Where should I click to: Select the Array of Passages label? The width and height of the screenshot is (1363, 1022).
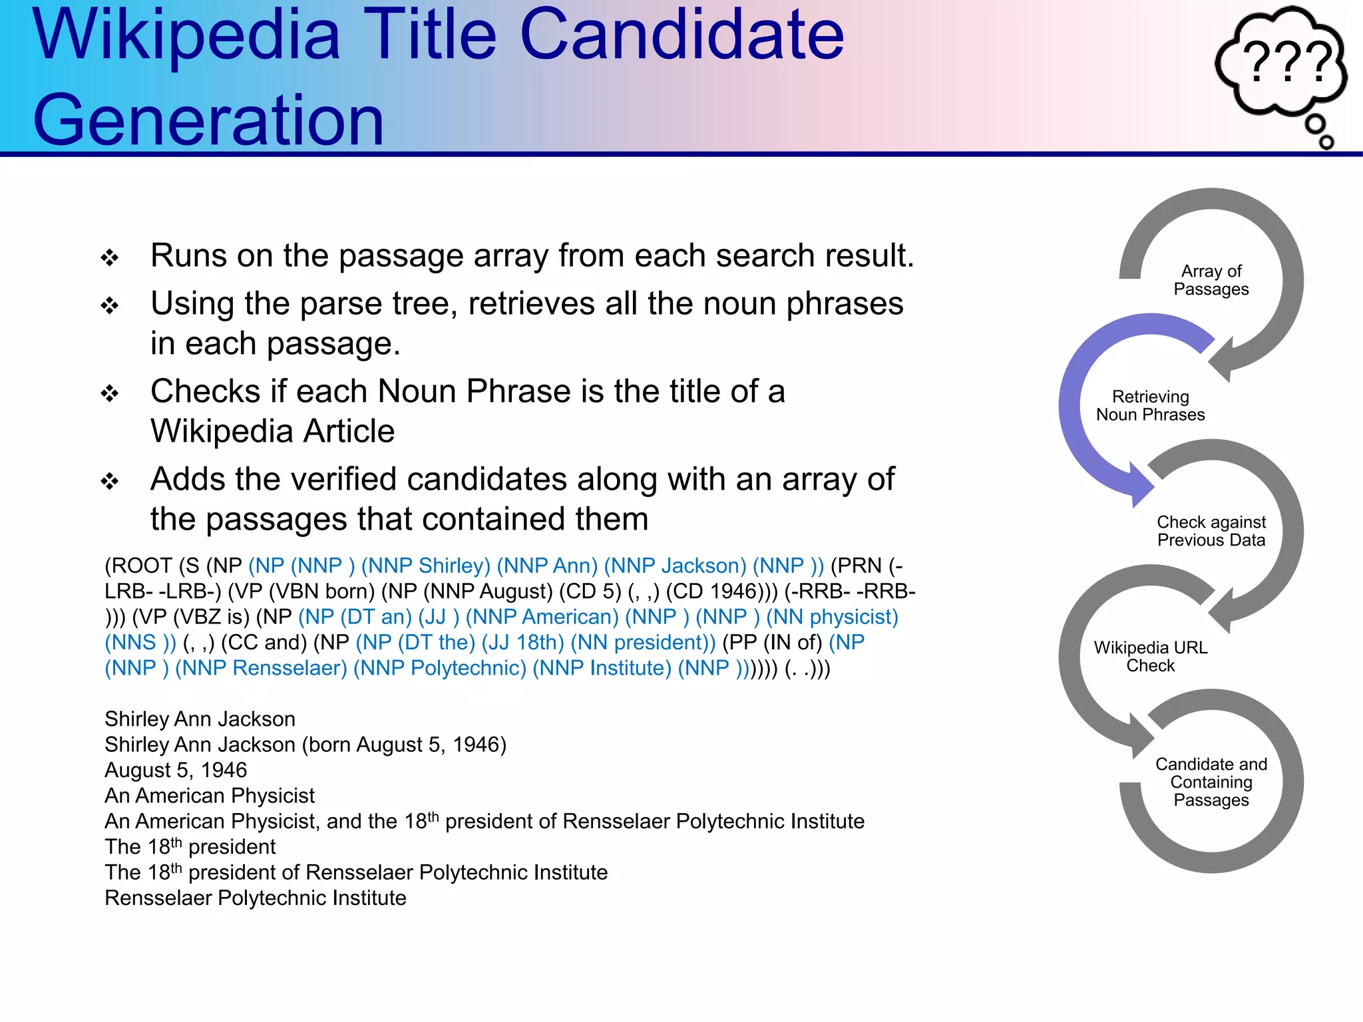pyautogui.click(x=1211, y=280)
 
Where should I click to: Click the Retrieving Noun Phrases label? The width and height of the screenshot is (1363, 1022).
pyautogui.click(x=1150, y=406)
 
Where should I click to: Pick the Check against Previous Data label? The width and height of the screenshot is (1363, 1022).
pyautogui.click(x=1211, y=531)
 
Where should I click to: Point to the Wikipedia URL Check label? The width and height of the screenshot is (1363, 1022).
pyautogui.click(x=1150, y=657)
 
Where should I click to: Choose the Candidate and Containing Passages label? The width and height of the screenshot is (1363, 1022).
pyautogui.click(x=1211, y=782)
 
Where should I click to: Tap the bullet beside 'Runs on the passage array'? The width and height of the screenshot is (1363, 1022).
pyautogui.click(x=110, y=257)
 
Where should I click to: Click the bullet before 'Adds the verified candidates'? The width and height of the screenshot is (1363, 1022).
pyautogui.click(x=110, y=481)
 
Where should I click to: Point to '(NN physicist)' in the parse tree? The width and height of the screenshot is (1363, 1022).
pyautogui.click(x=832, y=617)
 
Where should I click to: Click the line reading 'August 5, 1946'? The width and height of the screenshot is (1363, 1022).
pyautogui.click(x=176, y=770)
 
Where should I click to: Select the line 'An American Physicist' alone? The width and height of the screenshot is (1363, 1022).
pyautogui.click(x=210, y=796)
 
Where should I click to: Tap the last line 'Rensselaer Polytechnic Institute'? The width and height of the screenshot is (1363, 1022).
pyautogui.click(x=256, y=898)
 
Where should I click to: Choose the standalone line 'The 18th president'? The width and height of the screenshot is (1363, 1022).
pyautogui.click(x=190, y=847)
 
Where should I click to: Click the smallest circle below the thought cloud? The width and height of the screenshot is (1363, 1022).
pyautogui.click(x=1326, y=142)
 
